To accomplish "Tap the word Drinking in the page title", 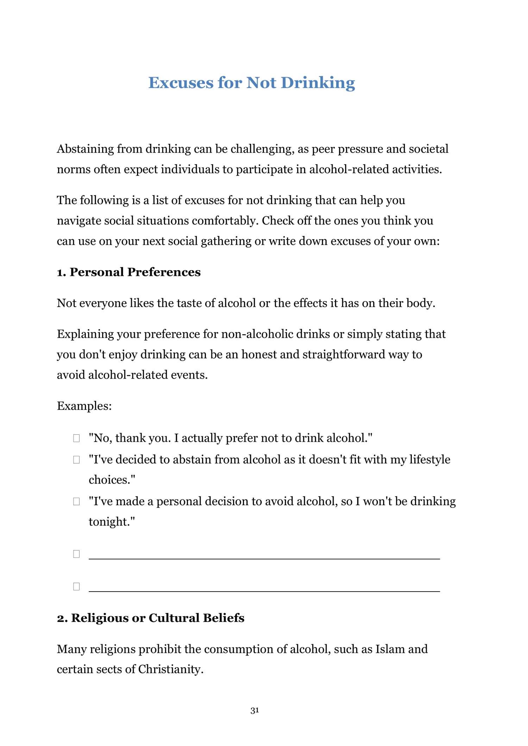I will point(318,83).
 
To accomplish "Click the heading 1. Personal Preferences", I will point(129,272).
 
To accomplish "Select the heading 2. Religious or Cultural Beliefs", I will point(151,618).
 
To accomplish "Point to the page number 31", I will point(255,710).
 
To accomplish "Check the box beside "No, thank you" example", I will point(76,438).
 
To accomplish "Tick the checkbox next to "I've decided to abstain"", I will point(76,460).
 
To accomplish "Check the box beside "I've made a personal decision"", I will point(76,501).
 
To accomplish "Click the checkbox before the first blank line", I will point(76,554).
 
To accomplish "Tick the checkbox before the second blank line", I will point(76,586).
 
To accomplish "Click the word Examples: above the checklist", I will point(84,406).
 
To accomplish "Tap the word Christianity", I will point(170,669).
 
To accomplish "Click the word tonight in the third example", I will point(110,522).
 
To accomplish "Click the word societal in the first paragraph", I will point(428,149).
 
